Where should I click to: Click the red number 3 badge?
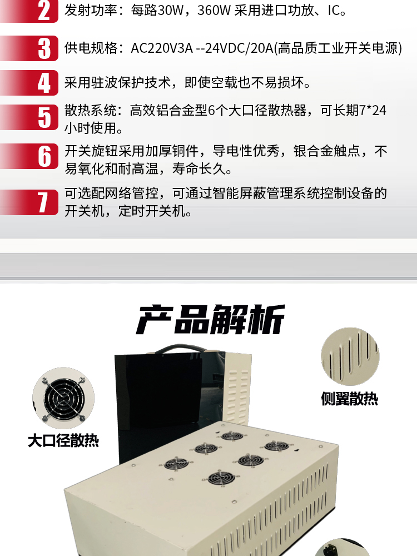click(29, 48)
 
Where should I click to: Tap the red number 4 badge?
click(29, 83)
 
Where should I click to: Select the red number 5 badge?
click(29, 117)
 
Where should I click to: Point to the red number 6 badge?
click(29, 156)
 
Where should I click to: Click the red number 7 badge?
click(29, 202)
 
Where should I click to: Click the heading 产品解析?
click(210, 319)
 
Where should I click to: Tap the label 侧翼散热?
click(350, 399)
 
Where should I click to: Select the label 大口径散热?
click(63, 441)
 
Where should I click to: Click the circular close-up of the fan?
click(63, 398)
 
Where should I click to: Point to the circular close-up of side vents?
click(350, 357)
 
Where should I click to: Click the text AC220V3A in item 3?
click(162, 48)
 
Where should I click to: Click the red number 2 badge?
click(29, 11)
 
